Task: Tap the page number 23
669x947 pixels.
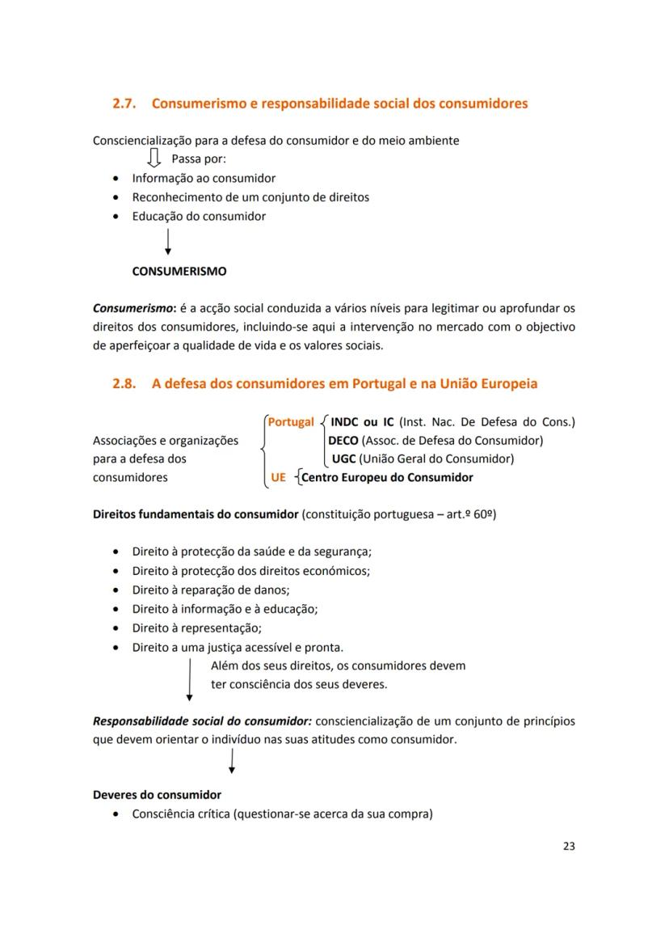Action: click(x=568, y=846)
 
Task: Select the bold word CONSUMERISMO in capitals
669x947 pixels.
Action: click(x=179, y=272)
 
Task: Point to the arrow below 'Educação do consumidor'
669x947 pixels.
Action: click(x=167, y=242)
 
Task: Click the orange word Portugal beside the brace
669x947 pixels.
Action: click(x=291, y=422)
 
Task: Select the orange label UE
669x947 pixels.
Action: click(x=279, y=477)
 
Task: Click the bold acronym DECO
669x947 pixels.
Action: click(x=343, y=441)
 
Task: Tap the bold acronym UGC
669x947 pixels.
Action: click(x=343, y=459)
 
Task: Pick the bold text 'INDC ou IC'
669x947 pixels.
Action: click(x=363, y=422)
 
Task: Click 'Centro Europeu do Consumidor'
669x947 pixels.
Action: click(x=387, y=477)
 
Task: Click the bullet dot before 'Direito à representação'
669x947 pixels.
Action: click(x=118, y=628)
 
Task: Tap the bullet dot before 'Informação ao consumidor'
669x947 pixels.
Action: click(x=118, y=179)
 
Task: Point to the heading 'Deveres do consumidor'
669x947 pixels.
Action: click(x=157, y=794)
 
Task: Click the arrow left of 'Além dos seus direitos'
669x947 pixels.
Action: click(x=189, y=679)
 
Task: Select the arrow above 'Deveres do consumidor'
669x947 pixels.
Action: click(x=232, y=761)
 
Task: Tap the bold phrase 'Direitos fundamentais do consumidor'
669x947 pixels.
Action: click(x=196, y=514)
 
